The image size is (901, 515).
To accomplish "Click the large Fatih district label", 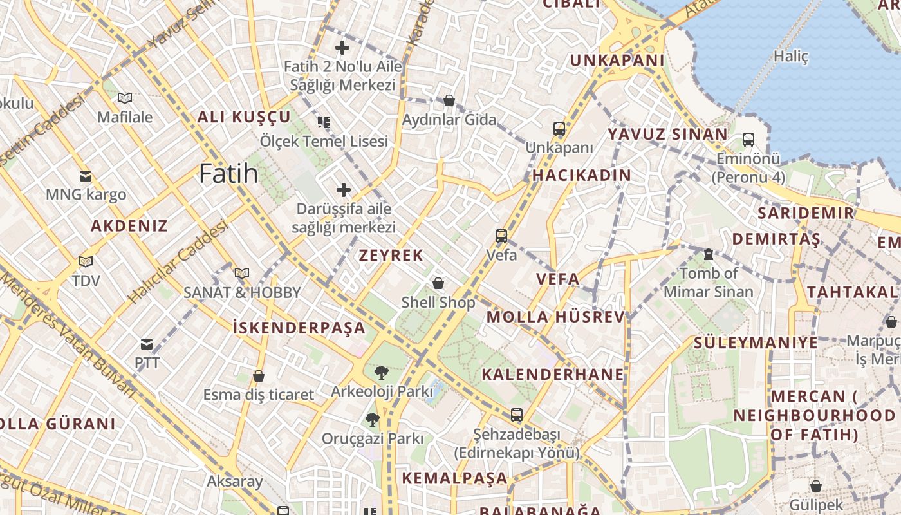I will tap(228, 174).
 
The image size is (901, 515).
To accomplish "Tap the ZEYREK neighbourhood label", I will tap(391, 256).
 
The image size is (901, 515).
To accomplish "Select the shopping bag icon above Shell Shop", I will tap(438, 283).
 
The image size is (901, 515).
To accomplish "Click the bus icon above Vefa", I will tap(501, 236).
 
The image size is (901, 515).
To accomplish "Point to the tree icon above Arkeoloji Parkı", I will tap(381, 372).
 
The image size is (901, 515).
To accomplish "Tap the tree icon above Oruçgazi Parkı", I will tap(372, 420).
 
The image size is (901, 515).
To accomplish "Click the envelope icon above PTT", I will tap(147, 344).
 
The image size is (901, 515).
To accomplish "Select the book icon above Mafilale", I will tap(125, 98).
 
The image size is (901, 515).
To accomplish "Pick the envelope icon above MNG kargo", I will tap(85, 176).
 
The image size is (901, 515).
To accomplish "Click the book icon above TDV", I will tap(85, 262).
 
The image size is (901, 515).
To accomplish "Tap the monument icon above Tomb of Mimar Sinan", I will tap(709, 254).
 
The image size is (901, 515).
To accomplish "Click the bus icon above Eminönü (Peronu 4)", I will tap(748, 140).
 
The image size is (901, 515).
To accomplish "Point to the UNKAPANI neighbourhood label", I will tap(617, 61).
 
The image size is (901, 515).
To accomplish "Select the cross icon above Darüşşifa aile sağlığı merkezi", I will tap(344, 190).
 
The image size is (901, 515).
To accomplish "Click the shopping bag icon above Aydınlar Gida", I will tap(449, 101).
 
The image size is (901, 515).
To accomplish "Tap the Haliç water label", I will tap(790, 56).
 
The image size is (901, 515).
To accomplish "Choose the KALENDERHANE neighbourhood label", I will tap(553, 375).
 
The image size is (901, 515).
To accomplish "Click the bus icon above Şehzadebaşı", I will tap(516, 415).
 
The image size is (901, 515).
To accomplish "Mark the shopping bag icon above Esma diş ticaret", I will tap(259, 376).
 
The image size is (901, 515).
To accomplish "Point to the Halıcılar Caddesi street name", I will tap(178, 262).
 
